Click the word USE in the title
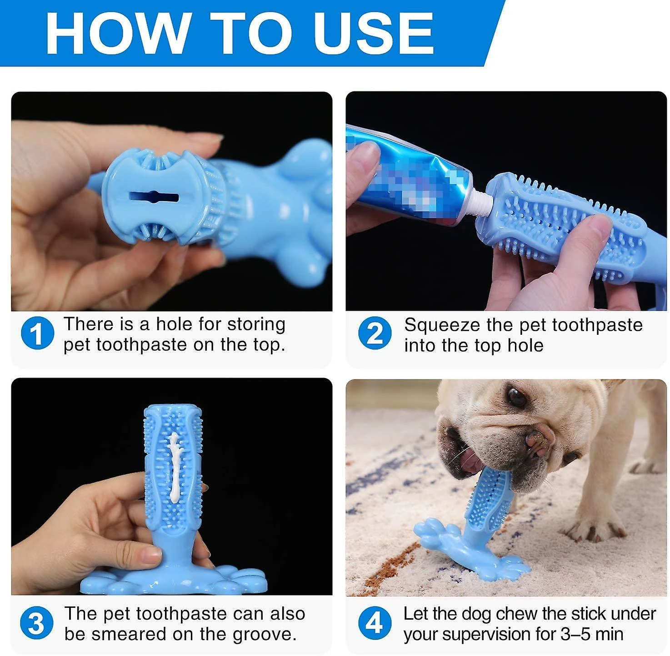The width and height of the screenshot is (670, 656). coord(373,33)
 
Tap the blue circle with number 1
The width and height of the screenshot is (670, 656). coord(37,333)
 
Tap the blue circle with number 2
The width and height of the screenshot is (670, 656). coord(375,333)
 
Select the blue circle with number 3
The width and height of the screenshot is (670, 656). coord(36,623)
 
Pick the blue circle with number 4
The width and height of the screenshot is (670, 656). coord(375,623)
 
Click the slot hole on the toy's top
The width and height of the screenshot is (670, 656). coord(154,197)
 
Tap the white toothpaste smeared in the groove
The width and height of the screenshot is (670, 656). coord(174,469)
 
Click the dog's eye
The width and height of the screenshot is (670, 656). coord(517,397)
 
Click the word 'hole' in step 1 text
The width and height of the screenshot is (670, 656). coord(174,324)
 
